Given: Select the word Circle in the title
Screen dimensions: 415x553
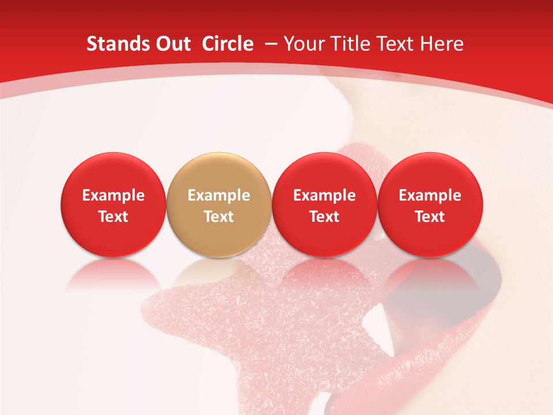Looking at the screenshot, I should [x=228, y=44].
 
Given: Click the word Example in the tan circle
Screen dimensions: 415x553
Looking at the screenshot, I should [x=219, y=195].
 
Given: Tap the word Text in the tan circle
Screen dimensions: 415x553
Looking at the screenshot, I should [x=219, y=217].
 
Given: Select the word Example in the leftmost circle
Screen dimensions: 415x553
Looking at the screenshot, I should [x=113, y=195].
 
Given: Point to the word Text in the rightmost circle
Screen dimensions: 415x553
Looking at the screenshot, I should [x=430, y=217].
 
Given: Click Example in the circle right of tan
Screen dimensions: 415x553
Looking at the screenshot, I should [x=324, y=195].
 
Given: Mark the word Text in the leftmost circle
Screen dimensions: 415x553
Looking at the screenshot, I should [x=113, y=217].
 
